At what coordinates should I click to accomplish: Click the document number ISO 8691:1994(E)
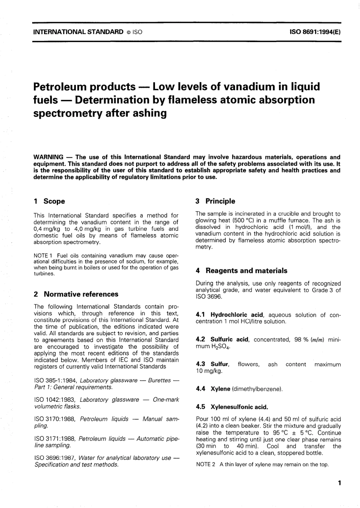click(x=315, y=32)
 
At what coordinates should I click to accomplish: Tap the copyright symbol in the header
click(x=128, y=32)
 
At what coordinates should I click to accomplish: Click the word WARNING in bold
click(x=49, y=157)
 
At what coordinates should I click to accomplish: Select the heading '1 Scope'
click(x=49, y=201)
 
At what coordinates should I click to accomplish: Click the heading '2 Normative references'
click(x=76, y=294)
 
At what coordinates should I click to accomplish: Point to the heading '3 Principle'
click(x=215, y=201)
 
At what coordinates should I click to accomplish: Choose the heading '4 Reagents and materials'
click(x=241, y=271)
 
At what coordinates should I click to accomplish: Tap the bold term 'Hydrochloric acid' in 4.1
click(x=237, y=315)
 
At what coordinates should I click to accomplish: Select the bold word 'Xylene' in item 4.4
click(x=221, y=389)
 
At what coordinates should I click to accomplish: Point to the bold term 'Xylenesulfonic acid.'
click(x=239, y=407)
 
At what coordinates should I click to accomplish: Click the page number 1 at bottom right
click(x=339, y=483)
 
